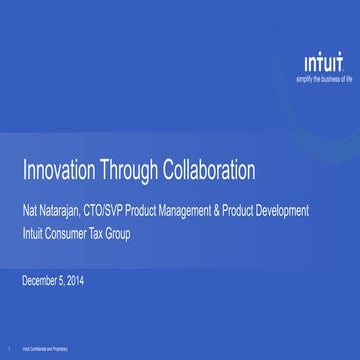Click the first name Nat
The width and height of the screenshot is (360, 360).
pyautogui.click(x=30, y=211)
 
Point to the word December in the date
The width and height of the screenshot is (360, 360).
pyautogui.click(x=44, y=280)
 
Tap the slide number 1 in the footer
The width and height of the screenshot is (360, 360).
pyautogui.click(x=8, y=349)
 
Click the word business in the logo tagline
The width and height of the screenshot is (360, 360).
pyautogui.click(x=320, y=77)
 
